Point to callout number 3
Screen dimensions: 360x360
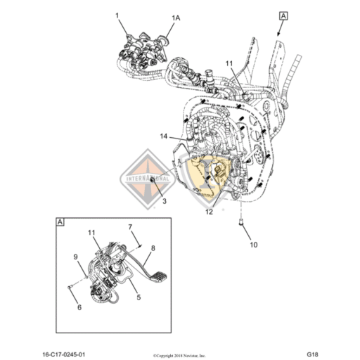point(164,201)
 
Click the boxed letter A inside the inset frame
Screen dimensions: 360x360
point(60,222)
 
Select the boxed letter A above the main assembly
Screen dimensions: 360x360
point(283,15)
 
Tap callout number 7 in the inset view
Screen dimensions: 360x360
point(129,226)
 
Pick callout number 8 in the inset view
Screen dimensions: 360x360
point(153,247)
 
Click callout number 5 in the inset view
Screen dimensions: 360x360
point(138,297)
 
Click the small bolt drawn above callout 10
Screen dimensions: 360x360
point(240,224)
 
